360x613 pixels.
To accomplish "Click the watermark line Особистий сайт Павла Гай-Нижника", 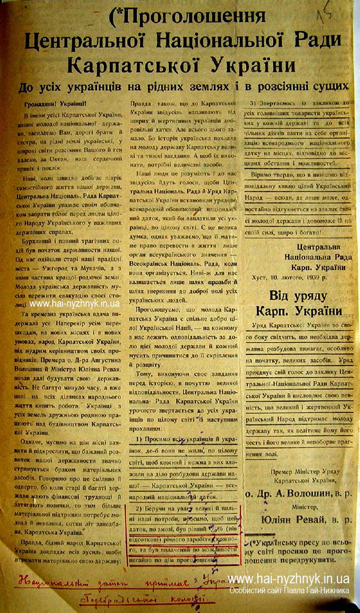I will pos(289,591).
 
